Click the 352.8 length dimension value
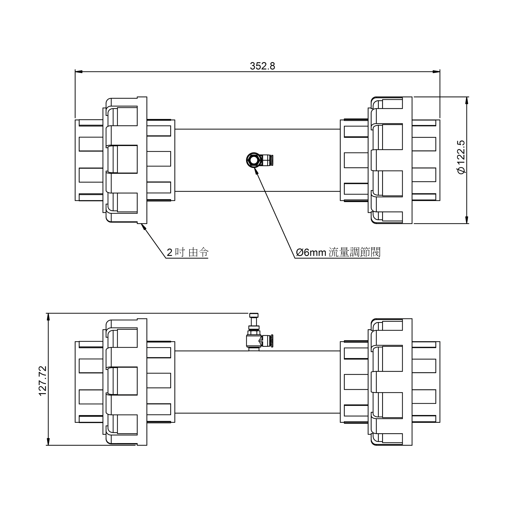click(x=262, y=66)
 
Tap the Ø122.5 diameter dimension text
click(x=461, y=157)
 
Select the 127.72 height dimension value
click(x=43, y=381)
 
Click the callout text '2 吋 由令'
click(x=188, y=252)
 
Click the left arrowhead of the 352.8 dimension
click(x=79, y=72)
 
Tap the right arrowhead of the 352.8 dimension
click(x=436, y=72)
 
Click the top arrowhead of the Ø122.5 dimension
click(x=467, y=100)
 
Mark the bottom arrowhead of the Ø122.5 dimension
click(x=467, y=220)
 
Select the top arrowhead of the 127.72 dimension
click(x=48, y=317)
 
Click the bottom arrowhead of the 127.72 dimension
click(x=48, y=442)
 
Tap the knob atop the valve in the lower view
click(x=254, y=315)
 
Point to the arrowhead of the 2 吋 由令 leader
click(x=143, y=226)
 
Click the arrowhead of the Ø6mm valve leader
click(x=255, y=170)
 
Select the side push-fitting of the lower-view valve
click(x=267, y=341)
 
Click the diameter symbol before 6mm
click(x=300, y=252)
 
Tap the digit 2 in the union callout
click(x=170, y=253)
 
